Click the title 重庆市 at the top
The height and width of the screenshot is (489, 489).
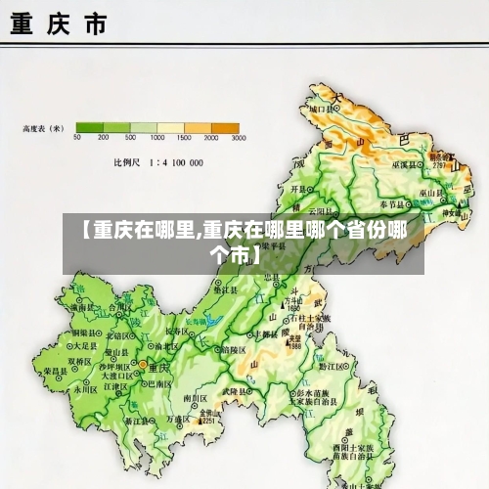[x=59, y=25]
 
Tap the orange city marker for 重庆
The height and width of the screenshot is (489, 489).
[x=142, y=365]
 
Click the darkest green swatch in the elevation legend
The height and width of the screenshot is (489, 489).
[x=90, y=127]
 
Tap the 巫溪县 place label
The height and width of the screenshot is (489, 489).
[x=403, y=166]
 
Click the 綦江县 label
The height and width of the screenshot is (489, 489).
[x=148, y=421]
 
